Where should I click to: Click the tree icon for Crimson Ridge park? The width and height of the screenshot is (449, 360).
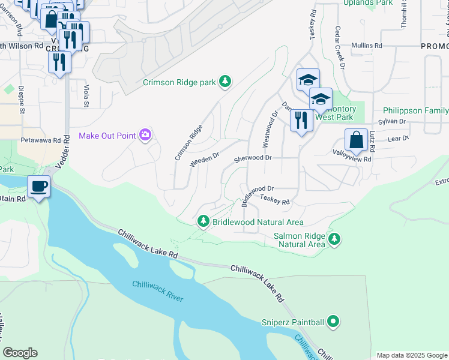225,82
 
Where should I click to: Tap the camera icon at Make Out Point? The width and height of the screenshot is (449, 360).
145,136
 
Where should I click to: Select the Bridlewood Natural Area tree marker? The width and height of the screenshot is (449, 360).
203,222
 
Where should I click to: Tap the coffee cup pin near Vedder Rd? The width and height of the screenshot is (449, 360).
39,187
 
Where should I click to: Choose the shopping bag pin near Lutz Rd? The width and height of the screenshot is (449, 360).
356,140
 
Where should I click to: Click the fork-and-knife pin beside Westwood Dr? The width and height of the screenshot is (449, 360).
300,121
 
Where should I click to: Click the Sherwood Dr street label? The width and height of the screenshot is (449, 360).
253,158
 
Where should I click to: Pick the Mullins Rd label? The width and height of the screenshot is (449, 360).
366,46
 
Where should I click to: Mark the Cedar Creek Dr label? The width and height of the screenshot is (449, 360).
339,47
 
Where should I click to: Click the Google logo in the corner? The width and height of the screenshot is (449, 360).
20,353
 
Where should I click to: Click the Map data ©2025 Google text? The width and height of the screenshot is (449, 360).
411,355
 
